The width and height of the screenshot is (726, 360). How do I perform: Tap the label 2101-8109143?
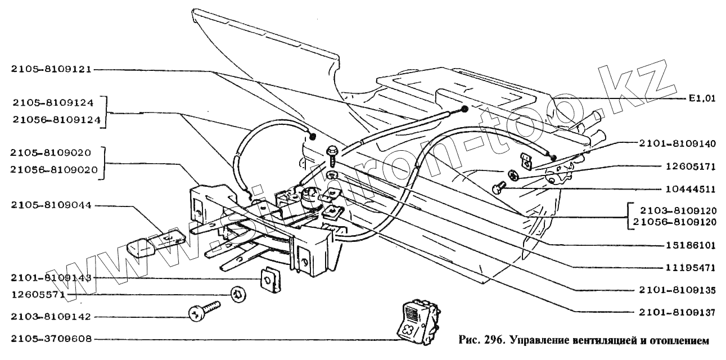[x=51, y=278]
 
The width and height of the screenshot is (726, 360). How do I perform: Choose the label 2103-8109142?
[x=51, y=317]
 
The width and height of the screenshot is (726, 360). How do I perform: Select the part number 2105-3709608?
[x=51, y=339]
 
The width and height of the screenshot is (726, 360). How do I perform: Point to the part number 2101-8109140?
[x=677, y=144]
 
